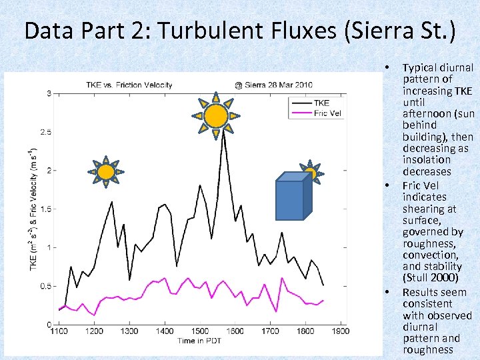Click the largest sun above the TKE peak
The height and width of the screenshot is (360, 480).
click(215, 117)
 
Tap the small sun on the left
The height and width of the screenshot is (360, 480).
click(105, 172)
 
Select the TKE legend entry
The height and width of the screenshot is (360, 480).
click(322, 103)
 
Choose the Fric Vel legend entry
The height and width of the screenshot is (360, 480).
click(327, 113)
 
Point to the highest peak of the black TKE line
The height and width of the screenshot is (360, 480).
click(225, 131)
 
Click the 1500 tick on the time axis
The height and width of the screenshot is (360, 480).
click(200, 331)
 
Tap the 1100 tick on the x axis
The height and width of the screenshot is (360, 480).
click(59, 331)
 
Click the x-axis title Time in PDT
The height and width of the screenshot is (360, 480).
click(200, 341)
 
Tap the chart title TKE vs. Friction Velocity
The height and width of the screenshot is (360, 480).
click(129, 85)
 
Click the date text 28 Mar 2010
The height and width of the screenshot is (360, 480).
click(291, 85)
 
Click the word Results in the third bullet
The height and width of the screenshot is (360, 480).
click(420, 293)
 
